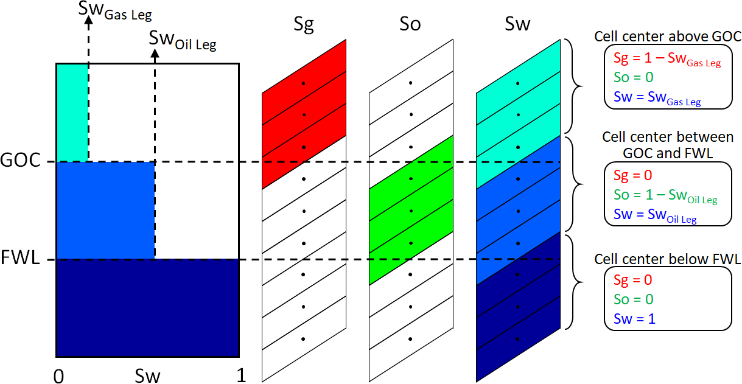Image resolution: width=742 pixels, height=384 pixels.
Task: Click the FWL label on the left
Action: coord(20,259)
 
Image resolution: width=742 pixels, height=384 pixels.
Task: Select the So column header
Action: coord(410,25)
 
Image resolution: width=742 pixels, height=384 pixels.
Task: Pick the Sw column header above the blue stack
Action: coord(517,25)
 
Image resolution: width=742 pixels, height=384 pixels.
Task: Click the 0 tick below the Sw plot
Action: coord(58,376)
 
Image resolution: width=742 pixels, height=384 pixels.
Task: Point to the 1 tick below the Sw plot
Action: coord(241,376)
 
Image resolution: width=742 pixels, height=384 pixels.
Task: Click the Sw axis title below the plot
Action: coord(147,376)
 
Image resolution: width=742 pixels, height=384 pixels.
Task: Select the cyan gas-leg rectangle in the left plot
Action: coord(72,113)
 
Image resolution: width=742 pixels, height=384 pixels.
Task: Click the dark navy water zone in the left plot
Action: coord(147,307)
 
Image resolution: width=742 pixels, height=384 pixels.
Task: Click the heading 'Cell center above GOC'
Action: coord(667,37)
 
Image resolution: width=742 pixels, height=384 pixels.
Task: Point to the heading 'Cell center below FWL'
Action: coord(667,259)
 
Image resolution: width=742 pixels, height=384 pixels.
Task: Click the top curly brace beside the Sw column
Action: coord(571,85)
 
